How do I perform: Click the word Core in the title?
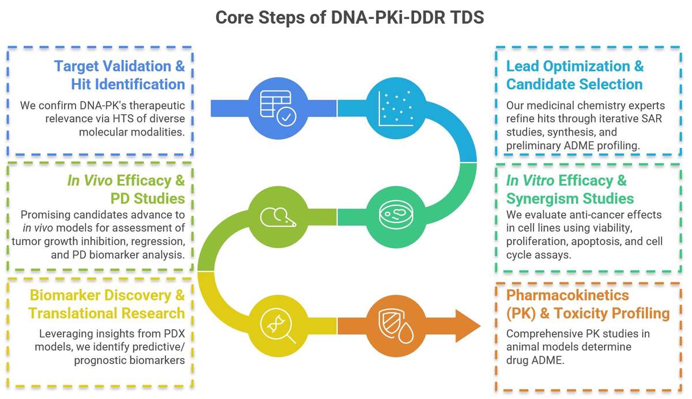[235, 17]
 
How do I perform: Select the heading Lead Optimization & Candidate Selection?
[574, 75]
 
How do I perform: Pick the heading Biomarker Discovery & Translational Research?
[107, 304]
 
